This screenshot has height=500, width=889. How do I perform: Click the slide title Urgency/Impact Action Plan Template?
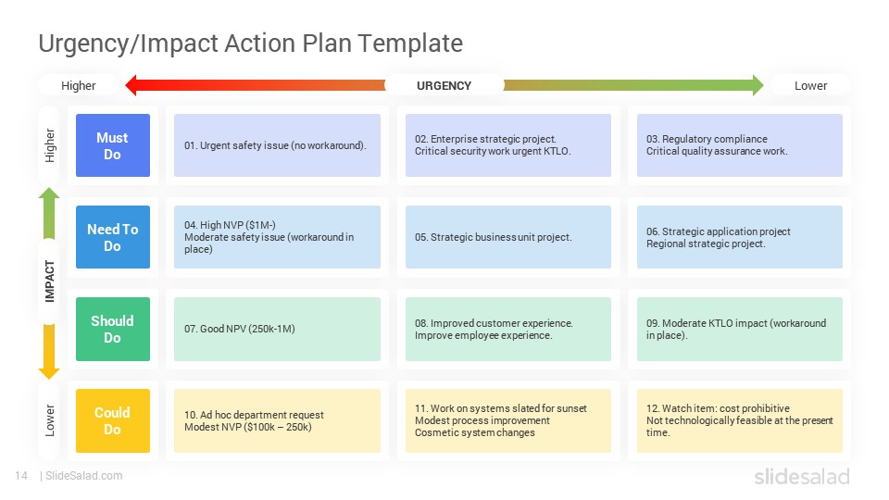pos(250,44)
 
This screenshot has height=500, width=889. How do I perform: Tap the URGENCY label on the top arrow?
pos(444,85)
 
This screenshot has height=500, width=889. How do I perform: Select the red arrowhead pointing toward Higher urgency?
pos(131,85)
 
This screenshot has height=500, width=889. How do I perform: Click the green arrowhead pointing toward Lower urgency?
pos(758,85)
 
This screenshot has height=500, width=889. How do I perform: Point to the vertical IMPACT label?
pos(50,281)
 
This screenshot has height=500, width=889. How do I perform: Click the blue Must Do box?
pos(113,145)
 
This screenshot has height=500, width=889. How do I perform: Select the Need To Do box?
pos(113,237)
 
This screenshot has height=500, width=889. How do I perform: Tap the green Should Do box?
pos(113,329)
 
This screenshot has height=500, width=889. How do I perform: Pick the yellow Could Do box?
pos(113,420)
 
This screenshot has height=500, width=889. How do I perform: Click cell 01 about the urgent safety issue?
pos(277,145)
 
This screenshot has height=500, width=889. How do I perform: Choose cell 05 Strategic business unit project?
pos(508,237)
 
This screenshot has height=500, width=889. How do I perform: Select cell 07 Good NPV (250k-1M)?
pos(277,329)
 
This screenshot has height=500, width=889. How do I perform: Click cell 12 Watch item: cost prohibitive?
pos(740,420)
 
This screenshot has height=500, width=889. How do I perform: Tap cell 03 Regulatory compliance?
pos(740,145)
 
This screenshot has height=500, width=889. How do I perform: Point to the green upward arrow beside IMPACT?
pos(49,213)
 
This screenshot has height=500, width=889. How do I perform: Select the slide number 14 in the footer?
pos(21,476)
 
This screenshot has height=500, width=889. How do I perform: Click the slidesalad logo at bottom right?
pos(802,476)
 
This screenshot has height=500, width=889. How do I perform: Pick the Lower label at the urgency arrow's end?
pos(811,85)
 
